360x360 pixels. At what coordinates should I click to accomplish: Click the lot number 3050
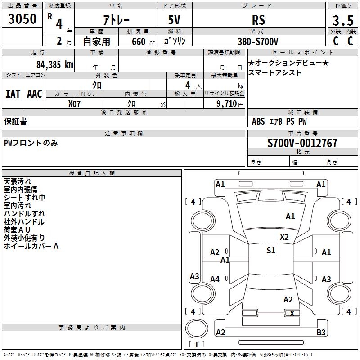[x=22, y=19]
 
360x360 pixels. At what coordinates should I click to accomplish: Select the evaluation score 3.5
[x=342, y=20]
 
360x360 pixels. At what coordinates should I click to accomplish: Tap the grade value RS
[x=258, y=20]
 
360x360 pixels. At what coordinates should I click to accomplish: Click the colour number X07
[x=75, y=103]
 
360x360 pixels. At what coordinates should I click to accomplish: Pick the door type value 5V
[x=175, y=20]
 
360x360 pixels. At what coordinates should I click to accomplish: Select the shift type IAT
[x=13, y=94]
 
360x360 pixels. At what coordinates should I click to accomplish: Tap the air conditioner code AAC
[x=35, y=94]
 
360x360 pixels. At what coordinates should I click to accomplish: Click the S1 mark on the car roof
[x=270, y=251]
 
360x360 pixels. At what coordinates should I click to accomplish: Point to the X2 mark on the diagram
[x=284, y=237]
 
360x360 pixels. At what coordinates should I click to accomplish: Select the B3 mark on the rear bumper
[x=321, y=333]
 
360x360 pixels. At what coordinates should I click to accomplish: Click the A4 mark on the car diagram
[x=215, y=279]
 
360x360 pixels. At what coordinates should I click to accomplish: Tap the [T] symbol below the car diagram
[x=197, y=344]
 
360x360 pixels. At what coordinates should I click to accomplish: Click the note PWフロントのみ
[x=31, y=143]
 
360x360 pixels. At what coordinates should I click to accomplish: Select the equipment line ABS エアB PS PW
[x=279, y=121]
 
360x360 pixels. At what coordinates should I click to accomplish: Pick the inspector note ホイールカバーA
[x=31, y=246]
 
